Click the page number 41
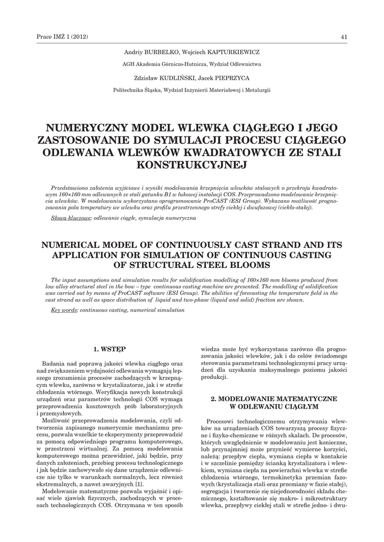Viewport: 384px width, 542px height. click(344, 36)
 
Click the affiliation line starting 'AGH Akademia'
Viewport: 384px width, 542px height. click(192, 65)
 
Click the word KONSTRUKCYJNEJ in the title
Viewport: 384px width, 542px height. click(192, 165)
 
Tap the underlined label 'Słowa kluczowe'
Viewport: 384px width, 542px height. click(71, 218)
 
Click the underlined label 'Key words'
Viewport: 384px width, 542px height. click(64, 309)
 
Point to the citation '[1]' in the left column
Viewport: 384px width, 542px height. click(139, 484)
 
